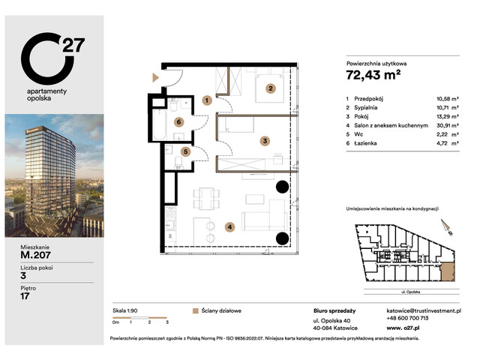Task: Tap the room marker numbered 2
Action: pos(271,88)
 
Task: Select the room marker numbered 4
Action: pos(230,226)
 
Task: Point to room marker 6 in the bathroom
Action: pos(179,121)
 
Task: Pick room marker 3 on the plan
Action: pos(265,139)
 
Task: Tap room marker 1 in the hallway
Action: pos(205,100)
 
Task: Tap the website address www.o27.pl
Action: pos(404,328)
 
